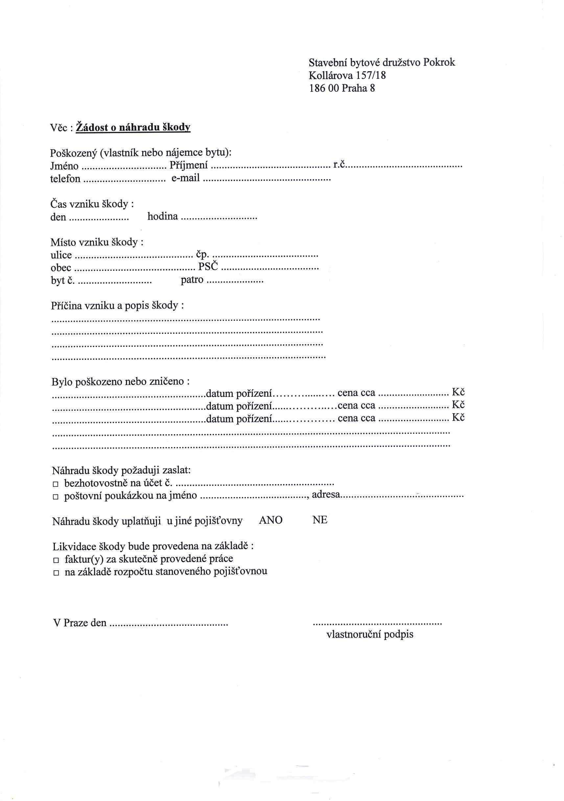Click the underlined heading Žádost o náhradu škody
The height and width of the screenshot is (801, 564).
[x=133, y=127]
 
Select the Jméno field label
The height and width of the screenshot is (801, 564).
[x=64, y=166]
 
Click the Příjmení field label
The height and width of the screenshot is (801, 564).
[x=189, y=165]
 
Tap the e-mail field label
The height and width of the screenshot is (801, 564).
[x=186, y=178]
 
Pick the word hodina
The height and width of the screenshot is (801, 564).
[x=163, y=217]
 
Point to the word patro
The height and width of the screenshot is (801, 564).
[x=192, y=280]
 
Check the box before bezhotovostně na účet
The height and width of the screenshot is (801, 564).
[x=55, y=484]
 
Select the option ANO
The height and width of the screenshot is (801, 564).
[x=271, y=521]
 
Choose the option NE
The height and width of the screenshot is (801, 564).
[x=320, y=520]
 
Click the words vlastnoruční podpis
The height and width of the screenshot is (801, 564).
[x=370, y=634]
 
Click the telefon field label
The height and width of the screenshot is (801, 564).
[x=65, y=179]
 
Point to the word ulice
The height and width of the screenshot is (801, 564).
[x=61, y=255]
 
